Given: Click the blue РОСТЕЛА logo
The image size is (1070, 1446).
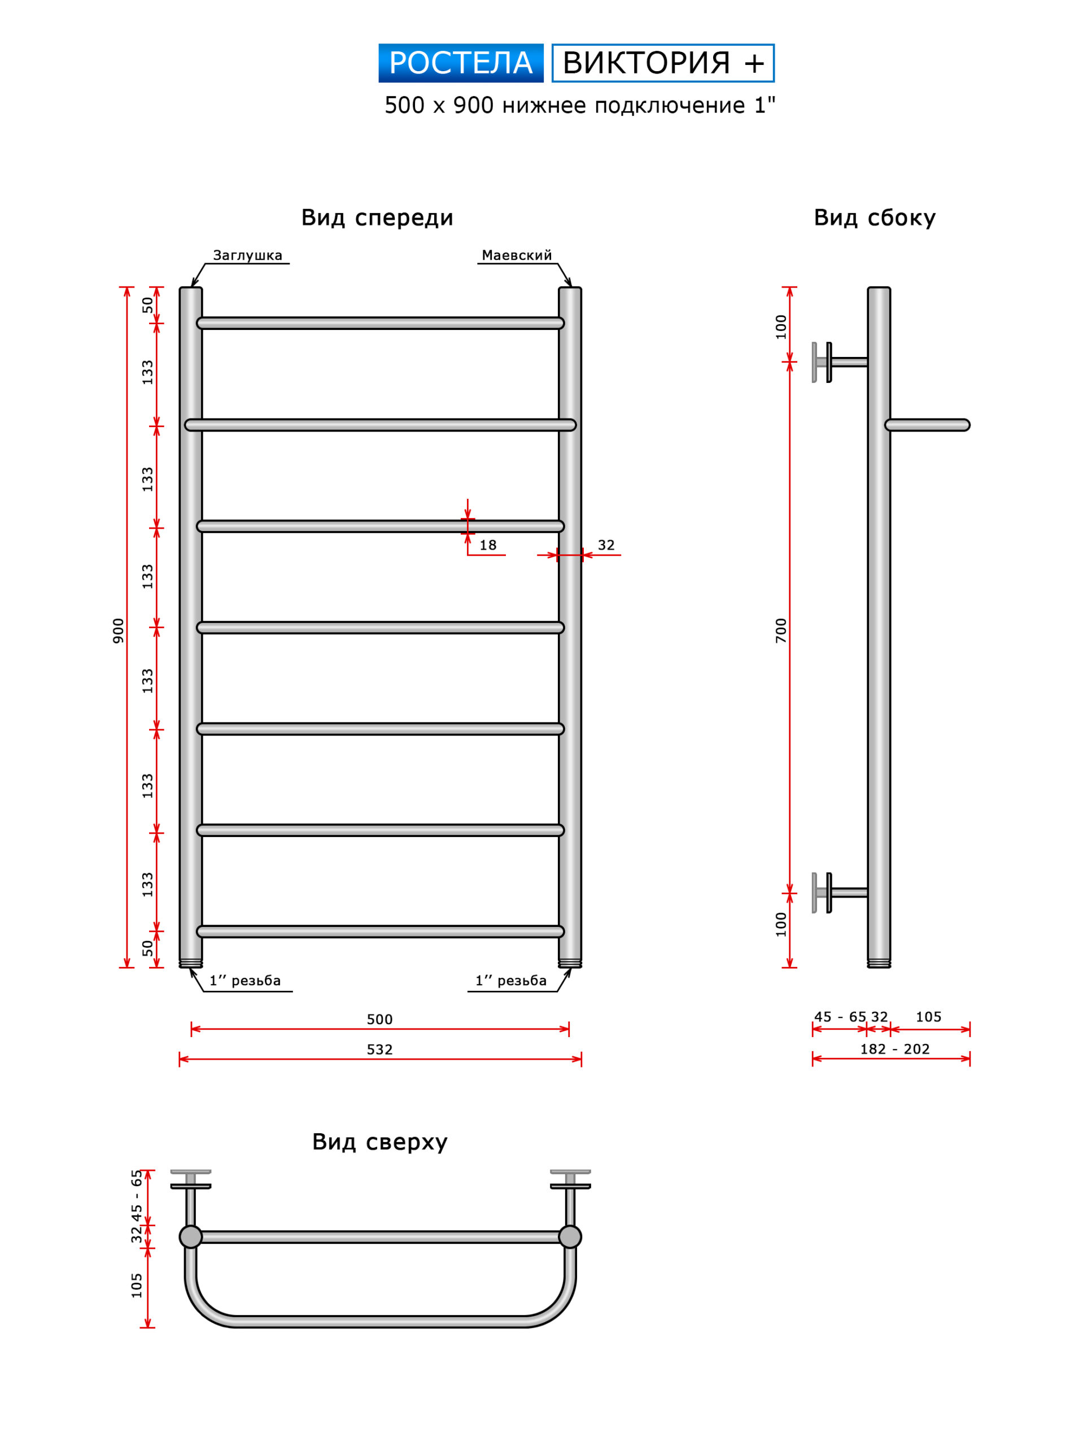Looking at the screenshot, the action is coord(461,63).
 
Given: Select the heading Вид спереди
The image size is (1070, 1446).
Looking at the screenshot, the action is coord(377,217).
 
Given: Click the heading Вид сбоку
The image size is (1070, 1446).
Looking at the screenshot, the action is coord(875,217).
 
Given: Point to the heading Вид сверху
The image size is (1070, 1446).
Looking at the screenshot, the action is coord(379,1142).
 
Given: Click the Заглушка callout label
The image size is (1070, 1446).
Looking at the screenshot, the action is coord(247,255).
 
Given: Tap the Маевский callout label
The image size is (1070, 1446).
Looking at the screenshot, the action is coord(516,255).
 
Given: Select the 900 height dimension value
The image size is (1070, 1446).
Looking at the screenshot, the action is coord(118,630).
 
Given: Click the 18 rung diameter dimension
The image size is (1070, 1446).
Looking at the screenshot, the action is coord(488,545).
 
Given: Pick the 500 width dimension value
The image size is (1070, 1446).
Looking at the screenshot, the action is coord(379,1020).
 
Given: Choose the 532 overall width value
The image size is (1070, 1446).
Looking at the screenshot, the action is coord(379,1049).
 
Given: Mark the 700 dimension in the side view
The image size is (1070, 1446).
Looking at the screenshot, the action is coord(781,630).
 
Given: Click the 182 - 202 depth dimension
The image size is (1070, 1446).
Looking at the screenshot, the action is coord(894,1049).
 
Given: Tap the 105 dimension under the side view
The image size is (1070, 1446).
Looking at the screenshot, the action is coord(928,1017).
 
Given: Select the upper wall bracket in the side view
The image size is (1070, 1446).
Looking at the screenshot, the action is coord(840,362).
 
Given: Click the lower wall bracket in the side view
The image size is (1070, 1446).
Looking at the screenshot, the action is coord(840,893).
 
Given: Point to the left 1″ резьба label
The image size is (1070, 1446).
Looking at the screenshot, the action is coord(245,981).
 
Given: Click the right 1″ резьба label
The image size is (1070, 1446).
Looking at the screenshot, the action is coord(511,981).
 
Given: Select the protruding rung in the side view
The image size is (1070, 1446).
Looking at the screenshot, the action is coord(928,425).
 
